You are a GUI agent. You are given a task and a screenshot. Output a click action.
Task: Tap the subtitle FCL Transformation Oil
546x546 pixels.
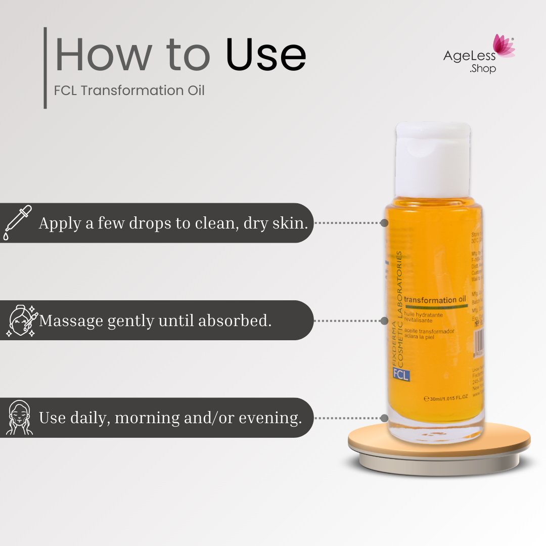[129, 91]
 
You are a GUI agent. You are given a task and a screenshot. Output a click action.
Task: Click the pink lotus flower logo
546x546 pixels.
[503, 46]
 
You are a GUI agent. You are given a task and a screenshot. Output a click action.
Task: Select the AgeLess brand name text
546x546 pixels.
[469, 56]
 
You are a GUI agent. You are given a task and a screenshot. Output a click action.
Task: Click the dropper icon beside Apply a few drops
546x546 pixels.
[17, 222]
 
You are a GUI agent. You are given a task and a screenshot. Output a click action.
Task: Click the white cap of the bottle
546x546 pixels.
[433, 159]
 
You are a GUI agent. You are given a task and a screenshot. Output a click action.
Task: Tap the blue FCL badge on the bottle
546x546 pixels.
[401, 375]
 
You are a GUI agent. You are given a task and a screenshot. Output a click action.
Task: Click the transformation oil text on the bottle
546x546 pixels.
[435, 300]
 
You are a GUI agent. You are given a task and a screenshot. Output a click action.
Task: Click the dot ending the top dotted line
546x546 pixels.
[384, 222]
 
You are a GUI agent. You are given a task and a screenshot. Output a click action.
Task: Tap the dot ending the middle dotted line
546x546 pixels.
[384, 321]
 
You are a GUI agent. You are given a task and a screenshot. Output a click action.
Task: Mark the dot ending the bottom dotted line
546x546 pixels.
[384, 418]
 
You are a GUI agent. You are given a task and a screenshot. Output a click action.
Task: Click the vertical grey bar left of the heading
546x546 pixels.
[45, 68]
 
